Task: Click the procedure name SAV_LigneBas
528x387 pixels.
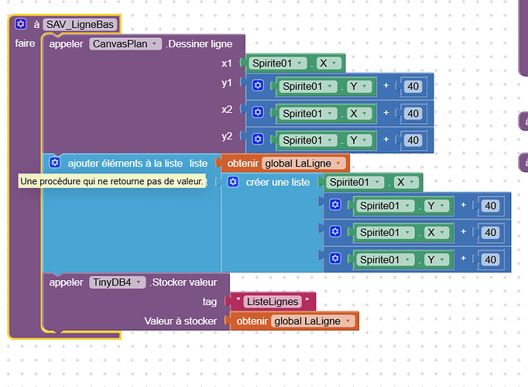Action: [x=80, y=25]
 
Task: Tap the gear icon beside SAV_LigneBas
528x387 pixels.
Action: [x=21, y=25]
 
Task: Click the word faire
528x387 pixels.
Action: [x=25, y=43]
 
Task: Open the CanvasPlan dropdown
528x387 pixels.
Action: [x=125, y=44]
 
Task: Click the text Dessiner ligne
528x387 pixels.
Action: [x=200, y=44]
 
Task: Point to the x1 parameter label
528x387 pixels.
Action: [x=227, y=63]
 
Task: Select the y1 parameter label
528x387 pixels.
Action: [x=227, y=83]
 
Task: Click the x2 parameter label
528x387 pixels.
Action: [x=227, y=110]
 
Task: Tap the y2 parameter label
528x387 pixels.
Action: [x=227, y=137]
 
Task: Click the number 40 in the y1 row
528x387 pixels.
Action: [x=413, y=86]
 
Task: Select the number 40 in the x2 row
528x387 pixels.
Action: [x=413, y=113]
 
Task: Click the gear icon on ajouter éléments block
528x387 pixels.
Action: [x=54, y=163]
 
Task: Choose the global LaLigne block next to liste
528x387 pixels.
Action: [x=301, y=163]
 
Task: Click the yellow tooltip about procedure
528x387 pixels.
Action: [x=111, y=181]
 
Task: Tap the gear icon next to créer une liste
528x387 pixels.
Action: [x=233, y=183]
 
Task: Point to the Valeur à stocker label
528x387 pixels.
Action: [x=180, y=320]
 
